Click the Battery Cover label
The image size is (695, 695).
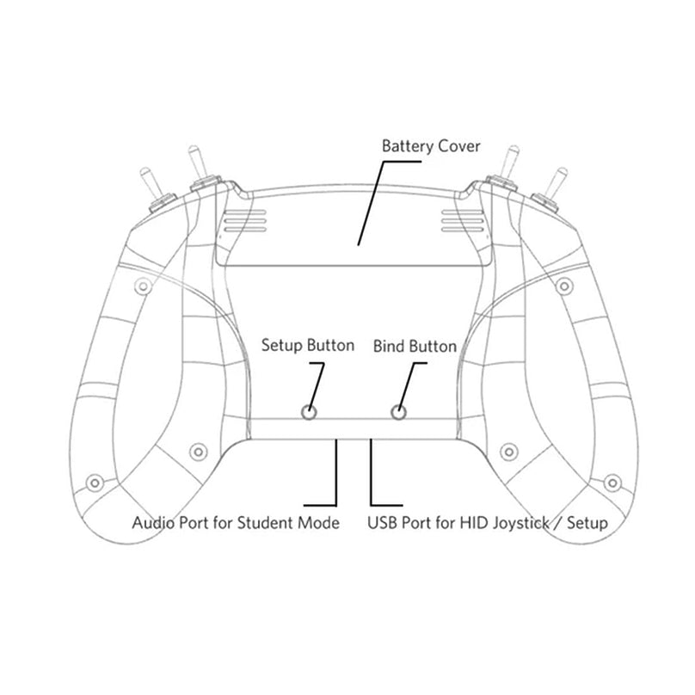coord(431,146)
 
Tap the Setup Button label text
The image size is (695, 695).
coord(308,346)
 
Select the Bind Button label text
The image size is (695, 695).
coord(415,346)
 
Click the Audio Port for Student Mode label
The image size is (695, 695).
coord(236,523)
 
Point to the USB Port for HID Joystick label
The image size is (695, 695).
coord(488,523)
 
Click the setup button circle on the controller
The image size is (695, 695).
coord(309,413)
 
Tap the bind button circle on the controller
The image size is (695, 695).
coord(398,413)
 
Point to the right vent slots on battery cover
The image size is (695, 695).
coord(462,220)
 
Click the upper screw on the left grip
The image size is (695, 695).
coord(143,286)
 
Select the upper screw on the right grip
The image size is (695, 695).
coord(564,286)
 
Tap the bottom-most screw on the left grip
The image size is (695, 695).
coord(95,483)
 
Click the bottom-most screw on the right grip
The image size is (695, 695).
coord(612,483)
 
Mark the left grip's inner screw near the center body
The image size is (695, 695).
coord(198,452)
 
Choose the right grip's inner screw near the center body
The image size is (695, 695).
coord(509,452)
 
